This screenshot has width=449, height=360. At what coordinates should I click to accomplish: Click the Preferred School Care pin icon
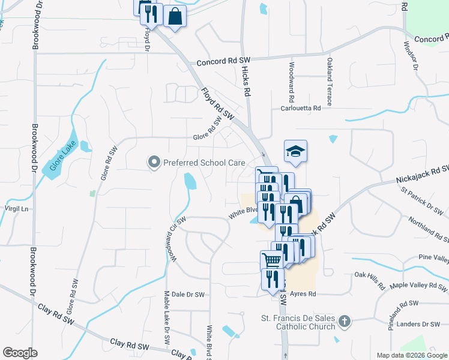coord(154,162)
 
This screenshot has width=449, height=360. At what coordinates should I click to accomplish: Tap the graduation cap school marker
coord(295,151)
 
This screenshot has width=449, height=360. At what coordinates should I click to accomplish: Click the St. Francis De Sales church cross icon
coord(344,322)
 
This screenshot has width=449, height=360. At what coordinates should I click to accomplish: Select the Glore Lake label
coord(60,158)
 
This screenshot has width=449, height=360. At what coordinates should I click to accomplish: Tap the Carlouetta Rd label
coord(306,108)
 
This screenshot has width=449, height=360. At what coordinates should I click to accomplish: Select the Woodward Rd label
coord(291,81)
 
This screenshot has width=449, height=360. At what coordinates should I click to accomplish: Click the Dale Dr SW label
coord(188,295)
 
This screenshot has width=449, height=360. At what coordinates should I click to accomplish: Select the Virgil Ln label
coord(17,209)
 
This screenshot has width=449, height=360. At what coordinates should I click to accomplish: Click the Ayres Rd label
coord(303,294)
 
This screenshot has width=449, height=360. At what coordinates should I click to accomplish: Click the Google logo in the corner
coord(20,353)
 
